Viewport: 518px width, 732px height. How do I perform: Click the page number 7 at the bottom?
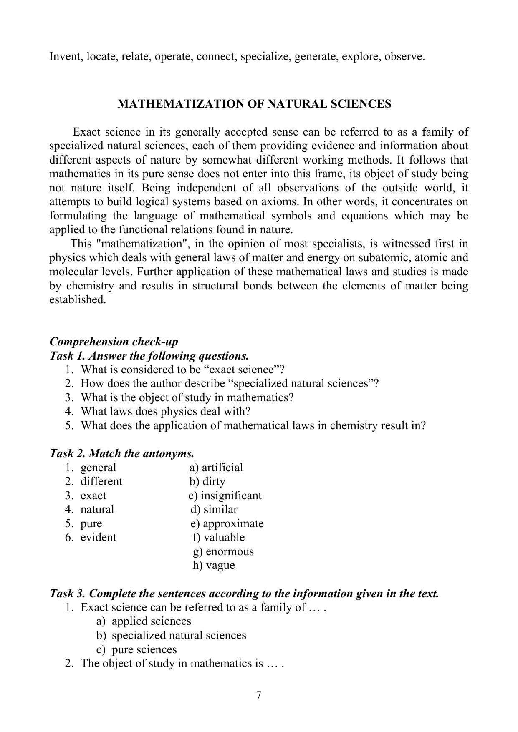[x=259, y=695]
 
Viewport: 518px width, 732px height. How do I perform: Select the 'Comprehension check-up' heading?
[x=114, y=342]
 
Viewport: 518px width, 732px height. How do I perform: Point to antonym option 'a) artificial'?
[x=216, y=467]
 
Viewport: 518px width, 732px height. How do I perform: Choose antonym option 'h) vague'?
[x=214, y=565]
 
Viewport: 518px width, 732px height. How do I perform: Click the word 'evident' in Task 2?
[x=99, y=537]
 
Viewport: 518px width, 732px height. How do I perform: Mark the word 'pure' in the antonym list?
[x=91, y=523]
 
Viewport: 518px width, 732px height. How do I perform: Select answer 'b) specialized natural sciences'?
[x=171, y=635]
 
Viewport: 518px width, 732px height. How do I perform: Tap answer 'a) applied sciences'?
[x=144, y=621]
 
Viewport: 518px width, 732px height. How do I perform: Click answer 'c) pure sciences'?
[x=136, y=649]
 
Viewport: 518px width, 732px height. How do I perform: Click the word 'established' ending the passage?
[x=77, y=299]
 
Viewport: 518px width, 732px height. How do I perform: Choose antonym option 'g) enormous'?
[x=223, y=551]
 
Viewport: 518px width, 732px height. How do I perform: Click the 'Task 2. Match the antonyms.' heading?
[x=122, y=453]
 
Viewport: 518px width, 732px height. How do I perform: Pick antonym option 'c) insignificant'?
[x=225, y=496]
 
